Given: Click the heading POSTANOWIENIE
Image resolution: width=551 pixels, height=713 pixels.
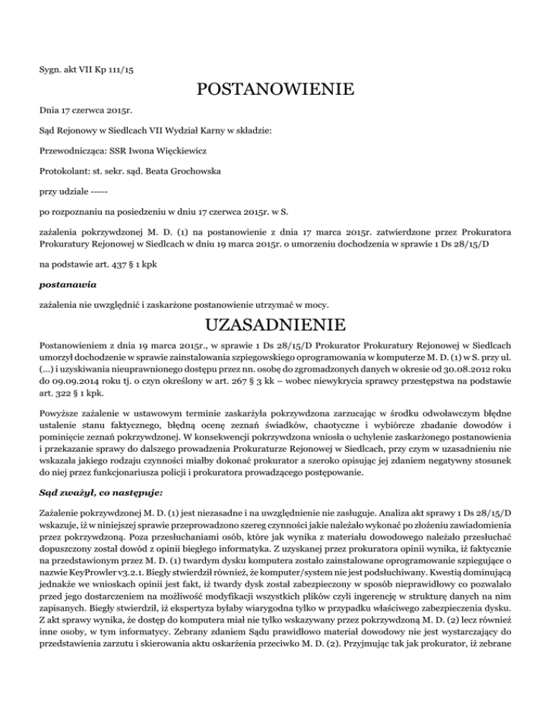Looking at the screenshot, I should (x=275, y=90).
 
